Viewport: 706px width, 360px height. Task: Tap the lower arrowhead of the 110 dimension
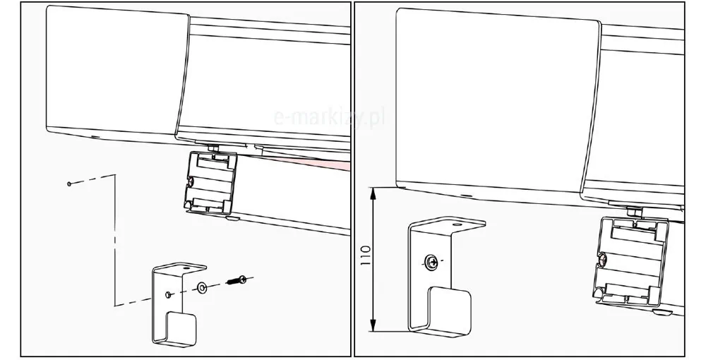point(372,326)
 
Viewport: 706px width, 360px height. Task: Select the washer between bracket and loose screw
point(201,287)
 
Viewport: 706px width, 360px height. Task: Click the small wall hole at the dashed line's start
point(69,184)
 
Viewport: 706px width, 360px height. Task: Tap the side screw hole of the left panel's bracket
point(169,294)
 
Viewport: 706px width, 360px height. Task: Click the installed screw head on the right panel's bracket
point(431,261)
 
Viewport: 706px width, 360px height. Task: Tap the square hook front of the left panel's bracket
point(181,326)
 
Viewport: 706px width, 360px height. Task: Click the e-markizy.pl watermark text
point(330,118)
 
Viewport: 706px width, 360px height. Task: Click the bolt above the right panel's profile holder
point(635,210)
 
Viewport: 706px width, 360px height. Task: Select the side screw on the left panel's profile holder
point(191,182)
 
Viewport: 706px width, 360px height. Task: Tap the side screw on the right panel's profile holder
point(603,259)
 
